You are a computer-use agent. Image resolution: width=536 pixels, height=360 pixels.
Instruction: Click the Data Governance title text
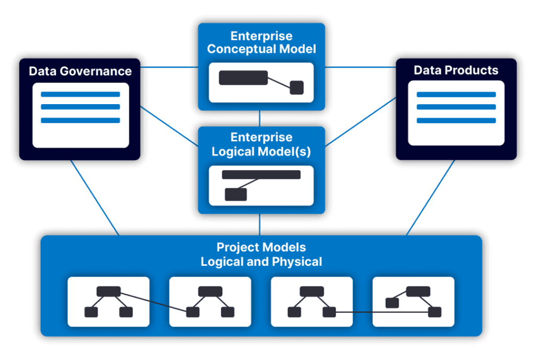[x=80, y=71]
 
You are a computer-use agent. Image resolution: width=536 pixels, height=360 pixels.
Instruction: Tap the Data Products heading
[x=456, y=70]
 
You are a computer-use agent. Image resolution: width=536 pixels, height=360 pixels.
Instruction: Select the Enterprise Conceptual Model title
[x=261, y=43]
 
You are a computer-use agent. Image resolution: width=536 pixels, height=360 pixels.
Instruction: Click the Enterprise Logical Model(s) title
[x=261, y=144]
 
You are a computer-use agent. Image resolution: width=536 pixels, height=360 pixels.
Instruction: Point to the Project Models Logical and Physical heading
[x=261, y=254]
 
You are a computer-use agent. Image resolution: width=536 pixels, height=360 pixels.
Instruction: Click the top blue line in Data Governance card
[x=80, y=95]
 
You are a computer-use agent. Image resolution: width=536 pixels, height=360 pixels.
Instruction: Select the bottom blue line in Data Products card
[x=456, y=120]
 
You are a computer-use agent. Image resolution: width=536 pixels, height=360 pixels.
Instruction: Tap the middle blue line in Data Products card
[x=456, y=107]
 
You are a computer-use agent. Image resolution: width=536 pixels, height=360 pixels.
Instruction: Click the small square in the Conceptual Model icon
[x=297, y=88]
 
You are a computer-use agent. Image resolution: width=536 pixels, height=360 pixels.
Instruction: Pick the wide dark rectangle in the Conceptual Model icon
[x=243, y=77]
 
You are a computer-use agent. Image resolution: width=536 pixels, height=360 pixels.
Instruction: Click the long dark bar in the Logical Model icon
[x=261, y=175]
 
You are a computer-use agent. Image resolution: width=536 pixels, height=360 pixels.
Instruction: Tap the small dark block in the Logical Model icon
[x=236, y=194]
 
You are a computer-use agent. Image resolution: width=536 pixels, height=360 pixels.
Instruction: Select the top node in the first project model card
[x=109, y=291]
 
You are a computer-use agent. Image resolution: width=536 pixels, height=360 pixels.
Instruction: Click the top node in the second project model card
[x=210, y=291]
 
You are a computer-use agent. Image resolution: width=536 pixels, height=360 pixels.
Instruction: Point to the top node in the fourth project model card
[x=418, y=291]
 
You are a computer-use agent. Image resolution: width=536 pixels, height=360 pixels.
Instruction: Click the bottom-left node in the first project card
[x=91, y=312]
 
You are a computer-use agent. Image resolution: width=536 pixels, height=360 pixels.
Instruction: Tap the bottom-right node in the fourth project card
[x=434, y=312]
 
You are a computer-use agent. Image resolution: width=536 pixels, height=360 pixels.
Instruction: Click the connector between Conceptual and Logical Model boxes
[x=260, y=118]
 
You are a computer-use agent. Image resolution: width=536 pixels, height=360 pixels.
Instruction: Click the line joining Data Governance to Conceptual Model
[x=169, y=67]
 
